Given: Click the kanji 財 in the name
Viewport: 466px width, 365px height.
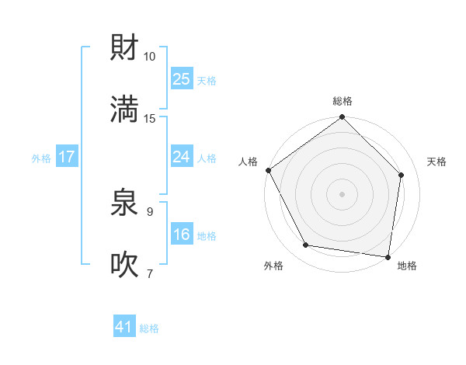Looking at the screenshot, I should point(124,47).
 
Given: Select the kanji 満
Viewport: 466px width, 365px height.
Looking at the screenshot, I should point(124,109).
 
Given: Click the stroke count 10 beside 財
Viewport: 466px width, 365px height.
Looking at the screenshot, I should point(150,57).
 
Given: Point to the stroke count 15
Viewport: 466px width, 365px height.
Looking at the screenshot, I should point(150,118).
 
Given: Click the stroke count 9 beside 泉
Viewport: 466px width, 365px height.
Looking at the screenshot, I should point(150,210).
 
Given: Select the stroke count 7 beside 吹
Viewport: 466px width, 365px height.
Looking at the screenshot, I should point(150,273).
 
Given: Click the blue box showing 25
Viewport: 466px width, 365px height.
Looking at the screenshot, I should point(182,78).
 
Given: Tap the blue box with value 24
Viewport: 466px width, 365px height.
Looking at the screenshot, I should point(182,157).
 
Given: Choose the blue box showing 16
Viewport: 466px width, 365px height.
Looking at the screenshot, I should point(182,235).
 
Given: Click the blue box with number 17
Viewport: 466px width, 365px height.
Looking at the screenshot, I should point(67,157).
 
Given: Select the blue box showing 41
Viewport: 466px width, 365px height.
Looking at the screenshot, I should point(124,327).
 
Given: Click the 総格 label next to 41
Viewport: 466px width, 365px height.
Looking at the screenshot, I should point(149,328).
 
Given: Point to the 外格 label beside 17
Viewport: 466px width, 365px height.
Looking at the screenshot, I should point(41,158).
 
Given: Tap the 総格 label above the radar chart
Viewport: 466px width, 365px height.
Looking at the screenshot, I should point(343,101).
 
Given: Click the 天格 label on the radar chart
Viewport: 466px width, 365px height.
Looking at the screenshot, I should point(436,162).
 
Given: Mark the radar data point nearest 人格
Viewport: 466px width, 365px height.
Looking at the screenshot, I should point(268,170).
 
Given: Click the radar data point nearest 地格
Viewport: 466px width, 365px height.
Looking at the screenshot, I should point(388,256).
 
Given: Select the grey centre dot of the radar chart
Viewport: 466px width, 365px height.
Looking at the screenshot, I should point(343,193).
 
